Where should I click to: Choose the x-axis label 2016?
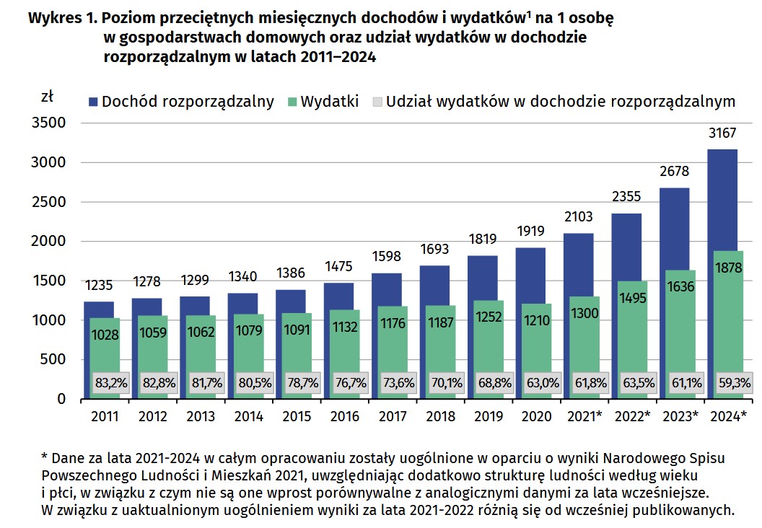[344, 417]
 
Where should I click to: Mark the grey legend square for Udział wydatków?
[377, 101]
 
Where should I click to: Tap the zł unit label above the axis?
[48, 94]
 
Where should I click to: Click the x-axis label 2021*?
[585, 417]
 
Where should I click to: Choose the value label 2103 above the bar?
[578, 219]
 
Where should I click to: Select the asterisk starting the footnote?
[45, 457]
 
